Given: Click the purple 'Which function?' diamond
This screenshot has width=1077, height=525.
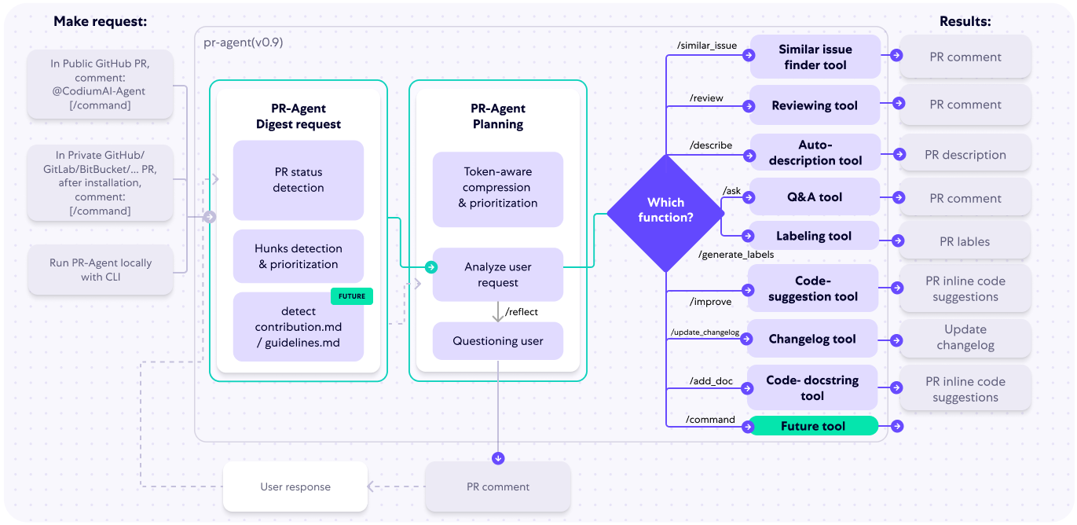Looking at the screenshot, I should tap(665, 211).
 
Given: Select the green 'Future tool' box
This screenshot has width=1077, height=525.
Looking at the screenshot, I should tap(812, 426).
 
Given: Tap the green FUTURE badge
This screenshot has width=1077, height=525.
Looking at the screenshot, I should tap(351, 296).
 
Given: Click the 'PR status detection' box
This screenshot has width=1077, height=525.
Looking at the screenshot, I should tap(298, 180).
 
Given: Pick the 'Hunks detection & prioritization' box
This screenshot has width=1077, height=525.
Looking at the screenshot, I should tap(298, 256).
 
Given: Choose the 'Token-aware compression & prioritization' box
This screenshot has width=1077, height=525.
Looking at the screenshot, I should tap(497, 188).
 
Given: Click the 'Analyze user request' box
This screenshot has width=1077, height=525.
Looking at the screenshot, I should tap(497, 274).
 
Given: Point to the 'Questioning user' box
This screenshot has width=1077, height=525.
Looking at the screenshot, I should tap(497, 341).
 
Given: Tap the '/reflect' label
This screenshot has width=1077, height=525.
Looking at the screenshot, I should tap(522, 312).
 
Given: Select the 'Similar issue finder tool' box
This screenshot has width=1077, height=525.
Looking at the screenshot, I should tap(815, 57).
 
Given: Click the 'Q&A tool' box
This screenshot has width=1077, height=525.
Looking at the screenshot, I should tap(814, 197).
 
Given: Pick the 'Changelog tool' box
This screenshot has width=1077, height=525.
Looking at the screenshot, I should tap(812, 340).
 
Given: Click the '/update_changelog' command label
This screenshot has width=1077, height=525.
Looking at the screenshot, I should tap(705, 333).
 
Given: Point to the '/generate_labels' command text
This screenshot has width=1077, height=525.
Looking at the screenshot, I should tap(735, 255).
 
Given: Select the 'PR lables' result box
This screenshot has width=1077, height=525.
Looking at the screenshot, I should tap(965, 242).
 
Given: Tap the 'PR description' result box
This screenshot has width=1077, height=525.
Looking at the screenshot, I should tap(965, 155).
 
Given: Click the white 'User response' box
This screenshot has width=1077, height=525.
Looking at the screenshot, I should tap(295, 486).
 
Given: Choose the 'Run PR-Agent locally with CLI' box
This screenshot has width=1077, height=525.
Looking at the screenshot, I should tap(101, 270).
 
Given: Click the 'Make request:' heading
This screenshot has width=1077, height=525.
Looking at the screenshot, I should tap(100, 22).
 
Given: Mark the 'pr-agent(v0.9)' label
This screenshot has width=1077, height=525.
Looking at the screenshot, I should tap(243, 42).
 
